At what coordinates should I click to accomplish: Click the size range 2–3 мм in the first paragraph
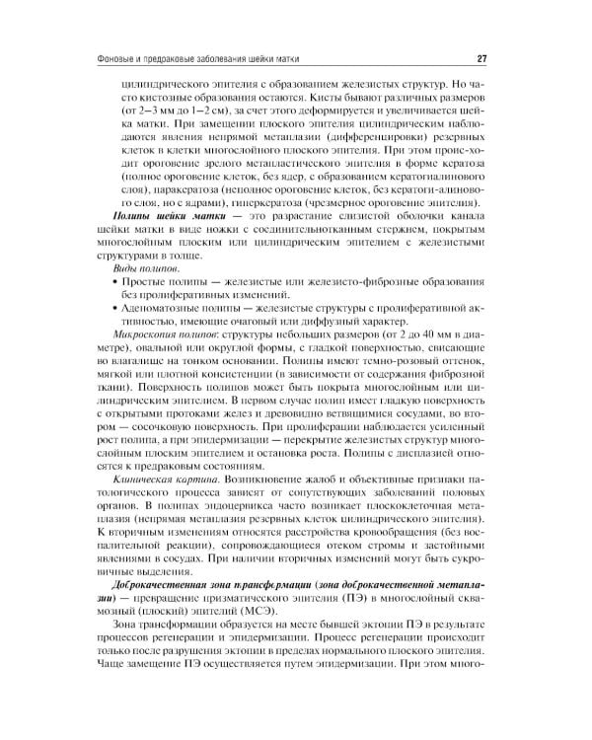[150, 112]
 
